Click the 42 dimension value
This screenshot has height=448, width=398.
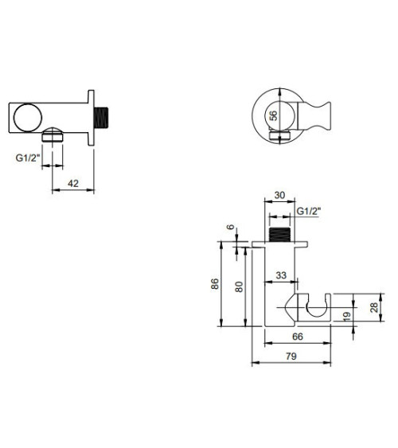point(72,183)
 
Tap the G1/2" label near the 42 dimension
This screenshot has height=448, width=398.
point(27,158)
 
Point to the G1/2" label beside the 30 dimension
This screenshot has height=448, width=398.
point(308,212)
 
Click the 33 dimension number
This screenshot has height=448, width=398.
point(280,275)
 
